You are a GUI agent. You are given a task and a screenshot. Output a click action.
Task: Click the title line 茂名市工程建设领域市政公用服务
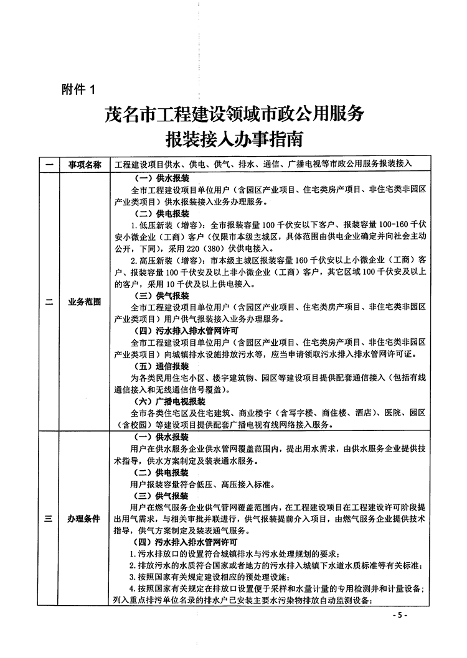pos(233,114)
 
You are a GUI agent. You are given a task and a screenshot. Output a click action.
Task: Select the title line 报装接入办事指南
pos(233,139)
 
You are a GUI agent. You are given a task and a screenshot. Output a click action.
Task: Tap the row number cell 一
pos(48,165)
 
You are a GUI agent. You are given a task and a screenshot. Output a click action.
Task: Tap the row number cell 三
pos(48,519)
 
